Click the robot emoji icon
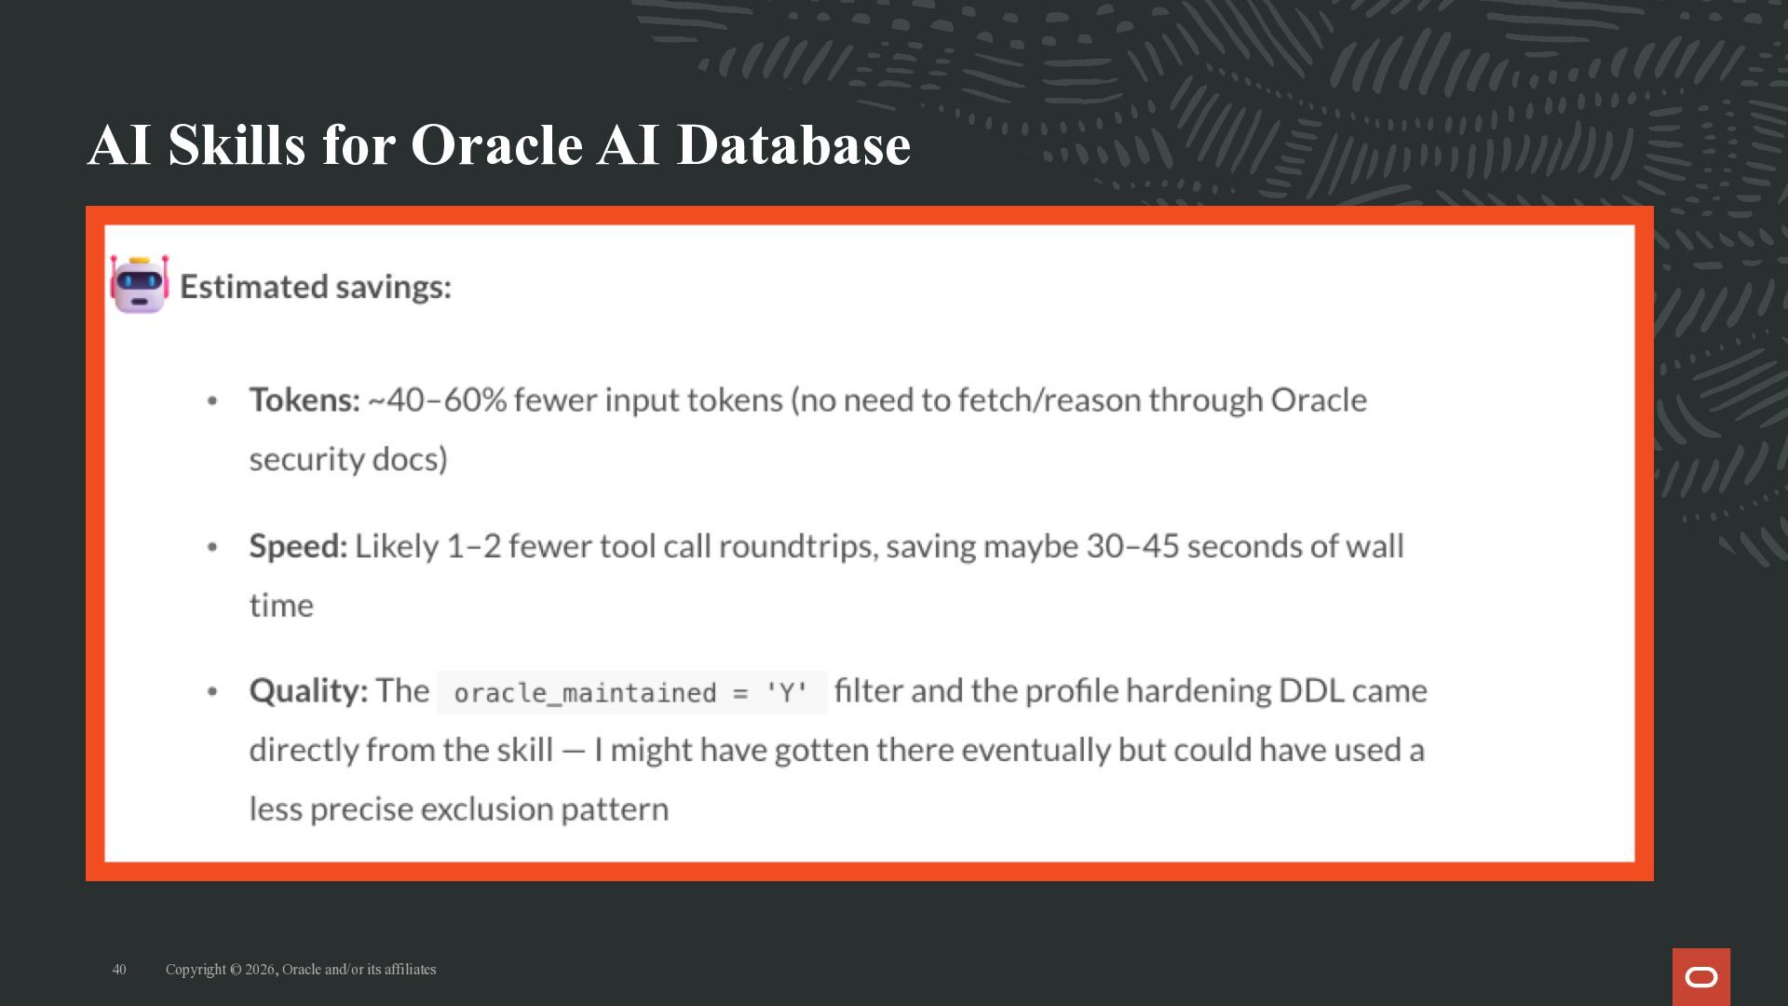140,284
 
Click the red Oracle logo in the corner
1701,976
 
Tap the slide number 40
119,970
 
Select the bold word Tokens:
305,400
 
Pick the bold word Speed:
298,547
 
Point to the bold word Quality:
308,691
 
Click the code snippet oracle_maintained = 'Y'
631,693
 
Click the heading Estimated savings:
316,287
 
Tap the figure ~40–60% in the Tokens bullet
438,401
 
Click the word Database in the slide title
793,144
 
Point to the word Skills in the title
237,144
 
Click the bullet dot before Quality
212,692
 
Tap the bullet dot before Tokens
212,401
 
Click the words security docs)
348,459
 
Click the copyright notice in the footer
301,970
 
